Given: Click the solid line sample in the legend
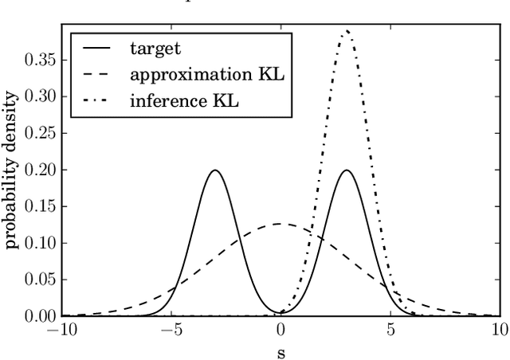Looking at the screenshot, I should [97, 48].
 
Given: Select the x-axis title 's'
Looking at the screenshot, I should [280, 349].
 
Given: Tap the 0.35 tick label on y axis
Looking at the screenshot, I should [37, 60].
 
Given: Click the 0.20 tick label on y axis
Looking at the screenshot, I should [37, 170].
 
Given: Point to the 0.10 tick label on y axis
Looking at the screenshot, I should [37, 243].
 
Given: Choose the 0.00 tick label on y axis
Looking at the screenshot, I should [37, 316].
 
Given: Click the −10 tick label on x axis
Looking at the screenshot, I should [61, 330].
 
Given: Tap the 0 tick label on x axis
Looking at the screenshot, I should [280, 330].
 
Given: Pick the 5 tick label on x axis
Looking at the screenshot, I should [390, 330].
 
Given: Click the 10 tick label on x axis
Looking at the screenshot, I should [499, 330].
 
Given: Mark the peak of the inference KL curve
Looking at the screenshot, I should [346, 31].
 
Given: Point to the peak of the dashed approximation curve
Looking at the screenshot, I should [280, 224].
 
